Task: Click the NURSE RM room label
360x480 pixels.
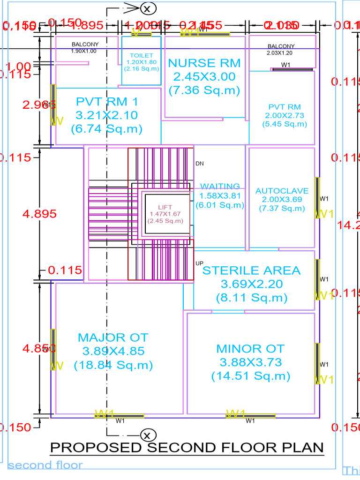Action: pos(204,63)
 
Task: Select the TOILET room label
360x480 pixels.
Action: pos(142,56)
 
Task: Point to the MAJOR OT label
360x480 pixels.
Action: pos(113,337)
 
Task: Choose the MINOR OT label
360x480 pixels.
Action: pos(250,349)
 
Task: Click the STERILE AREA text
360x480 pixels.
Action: pos(251,270)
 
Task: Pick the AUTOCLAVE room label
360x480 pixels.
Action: pos(282,191)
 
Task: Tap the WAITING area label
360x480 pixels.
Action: pos(220,187)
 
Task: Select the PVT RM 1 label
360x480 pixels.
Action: pos(107,101)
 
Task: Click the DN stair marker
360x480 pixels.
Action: pos(200,164)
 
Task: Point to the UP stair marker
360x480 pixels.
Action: pos(200,263)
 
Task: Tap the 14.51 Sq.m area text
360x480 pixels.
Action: pos(250,376)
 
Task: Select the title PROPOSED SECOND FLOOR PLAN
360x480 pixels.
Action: pos(187,448)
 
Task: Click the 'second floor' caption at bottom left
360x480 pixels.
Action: pos(45,465)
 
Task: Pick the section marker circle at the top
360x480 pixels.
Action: pos(147,8)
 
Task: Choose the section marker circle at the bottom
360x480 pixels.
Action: pos(147,435)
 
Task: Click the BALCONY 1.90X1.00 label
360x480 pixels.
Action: pos(84,47)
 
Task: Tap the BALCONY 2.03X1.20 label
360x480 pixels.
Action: pos(281,49)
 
